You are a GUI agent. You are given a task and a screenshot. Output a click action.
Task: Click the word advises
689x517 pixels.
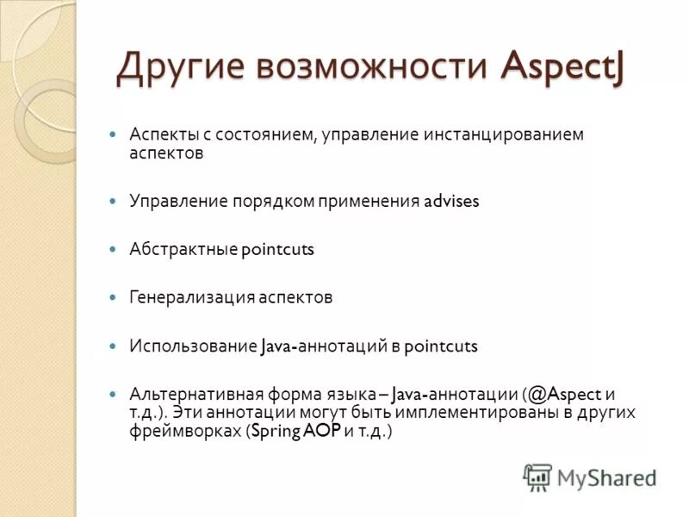click(451, 202)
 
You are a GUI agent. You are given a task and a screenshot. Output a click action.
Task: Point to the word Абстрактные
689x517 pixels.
click(183, 250)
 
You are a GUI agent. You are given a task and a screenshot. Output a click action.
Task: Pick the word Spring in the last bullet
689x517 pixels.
click(275, 433)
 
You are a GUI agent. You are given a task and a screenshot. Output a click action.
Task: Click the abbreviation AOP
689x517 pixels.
click(321, 433)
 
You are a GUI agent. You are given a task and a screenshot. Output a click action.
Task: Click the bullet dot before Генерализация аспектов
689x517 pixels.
click(112, 297)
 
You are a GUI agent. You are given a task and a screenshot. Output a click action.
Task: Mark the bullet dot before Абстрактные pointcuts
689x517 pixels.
click(112, 249)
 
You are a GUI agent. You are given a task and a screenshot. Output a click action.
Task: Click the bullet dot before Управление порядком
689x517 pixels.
click(112, 201)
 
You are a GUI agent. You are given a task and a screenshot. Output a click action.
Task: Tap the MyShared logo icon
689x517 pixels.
click(537, 477)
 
